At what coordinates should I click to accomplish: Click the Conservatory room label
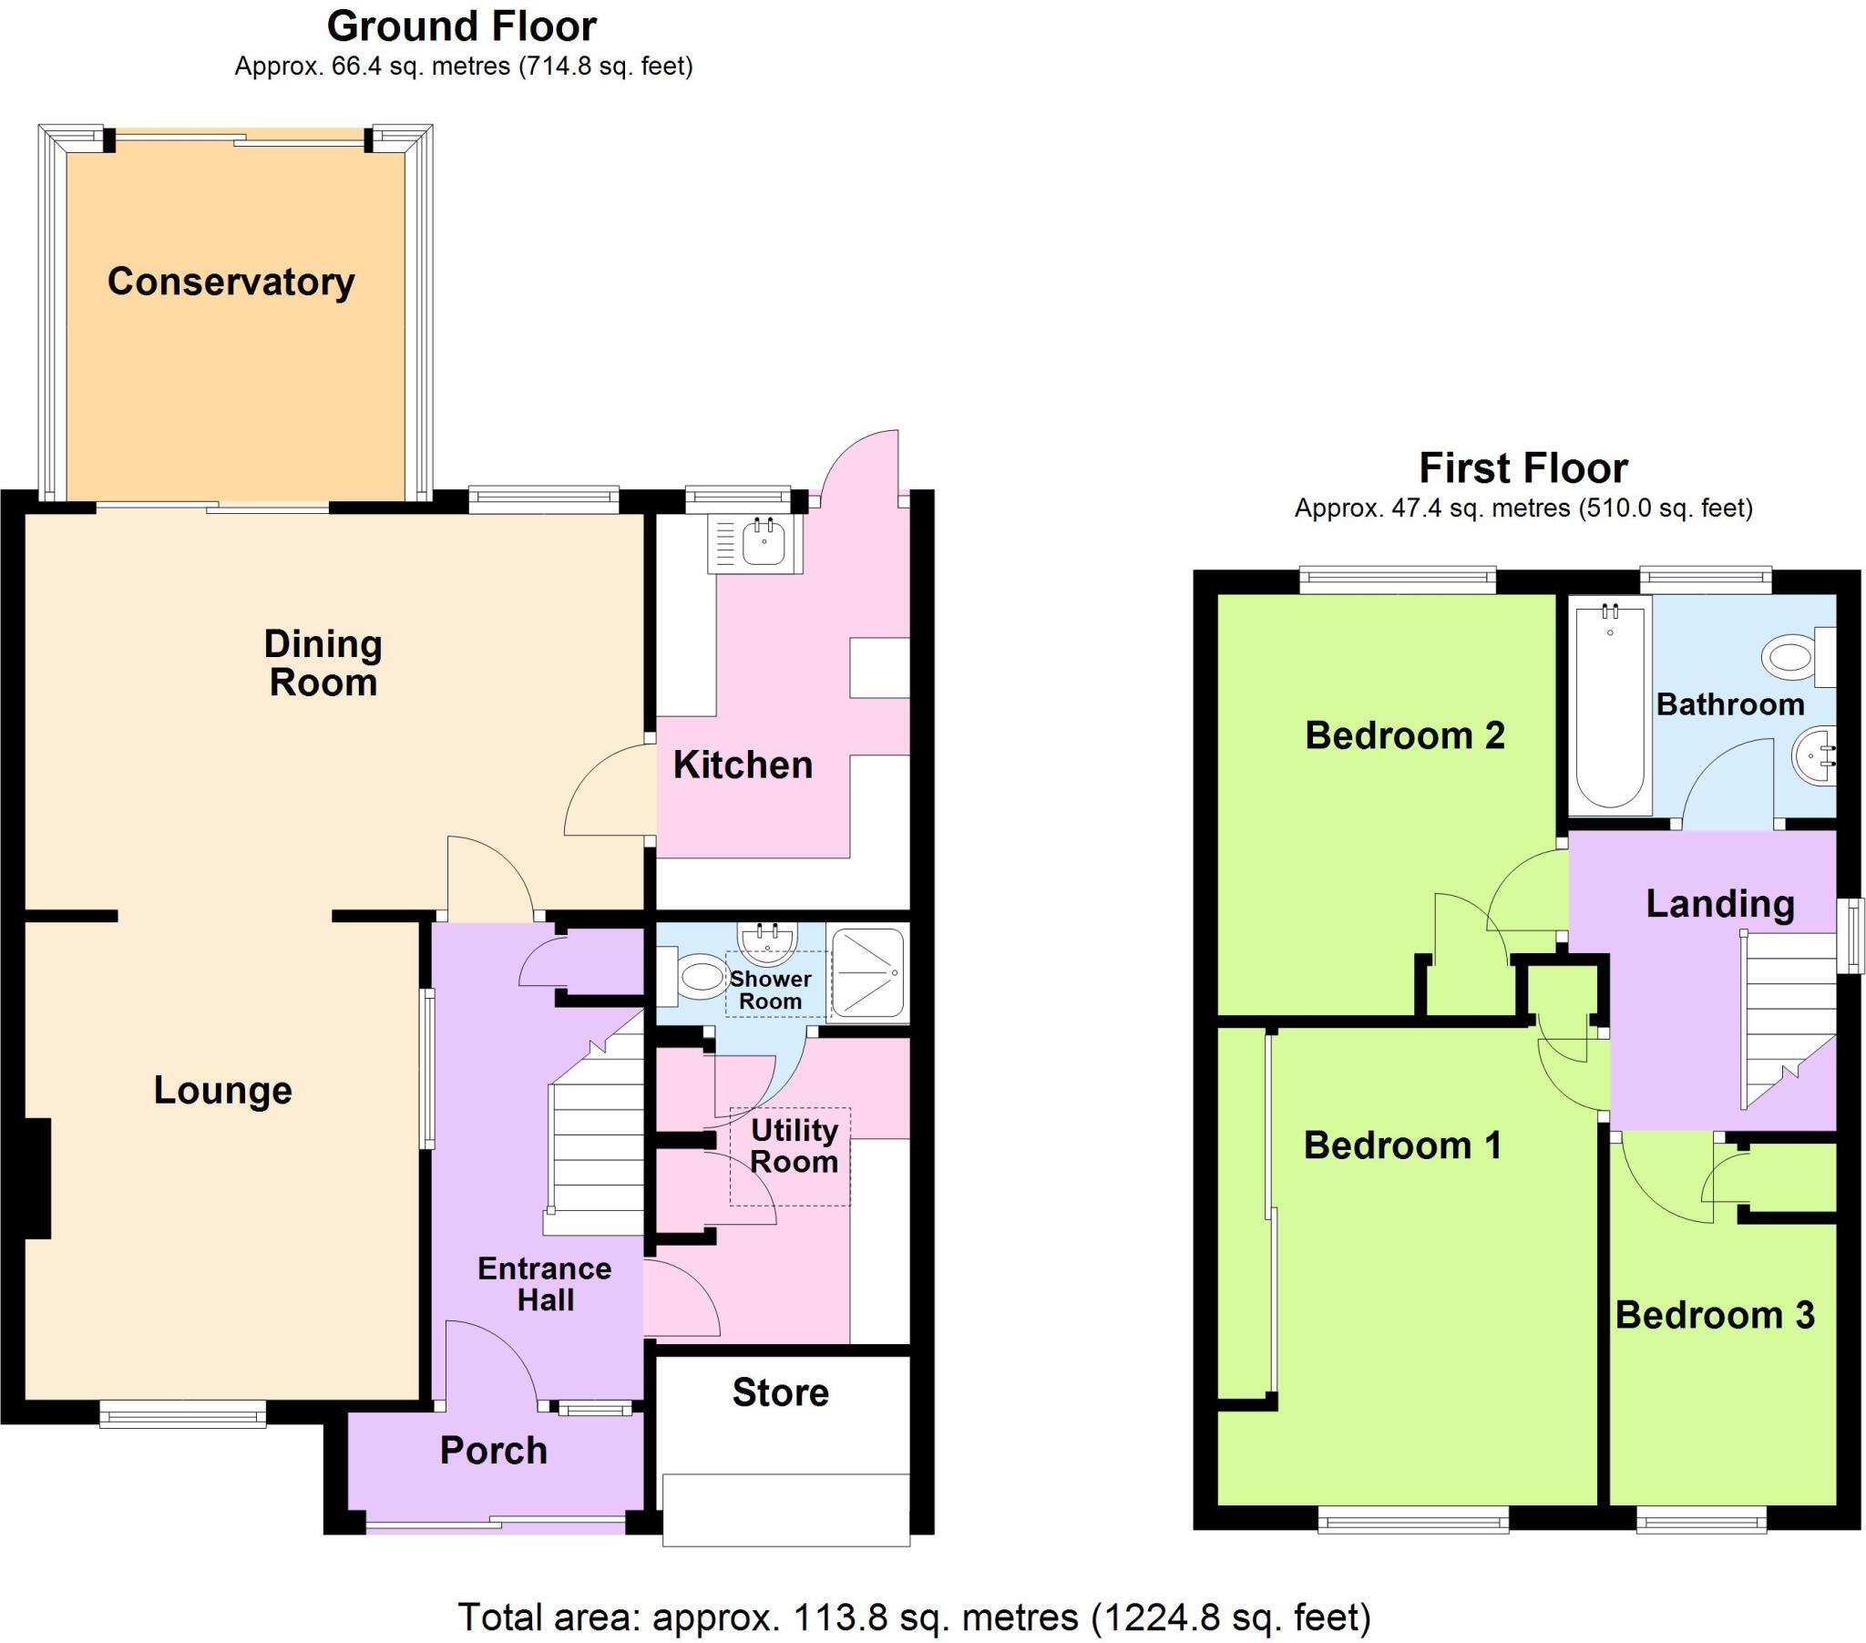click(x=231, y=282)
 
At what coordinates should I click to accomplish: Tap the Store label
click(x=781, y=1391)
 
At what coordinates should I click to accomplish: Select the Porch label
click(x=493, y=1451)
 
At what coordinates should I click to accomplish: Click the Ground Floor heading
click(x=462, y=26)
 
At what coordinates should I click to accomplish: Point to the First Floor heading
click(x=1523, y=468)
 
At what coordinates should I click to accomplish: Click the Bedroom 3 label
click(x=1715, y=1315)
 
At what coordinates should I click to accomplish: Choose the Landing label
click(x=1720, y=903)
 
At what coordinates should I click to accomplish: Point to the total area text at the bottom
click(x=914, y=1617)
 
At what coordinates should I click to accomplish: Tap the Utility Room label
click(x=795, y=1145)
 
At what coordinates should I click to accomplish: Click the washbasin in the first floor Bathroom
click(x=1813, y=754)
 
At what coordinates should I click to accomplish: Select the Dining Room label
click(x=323, y=663)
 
